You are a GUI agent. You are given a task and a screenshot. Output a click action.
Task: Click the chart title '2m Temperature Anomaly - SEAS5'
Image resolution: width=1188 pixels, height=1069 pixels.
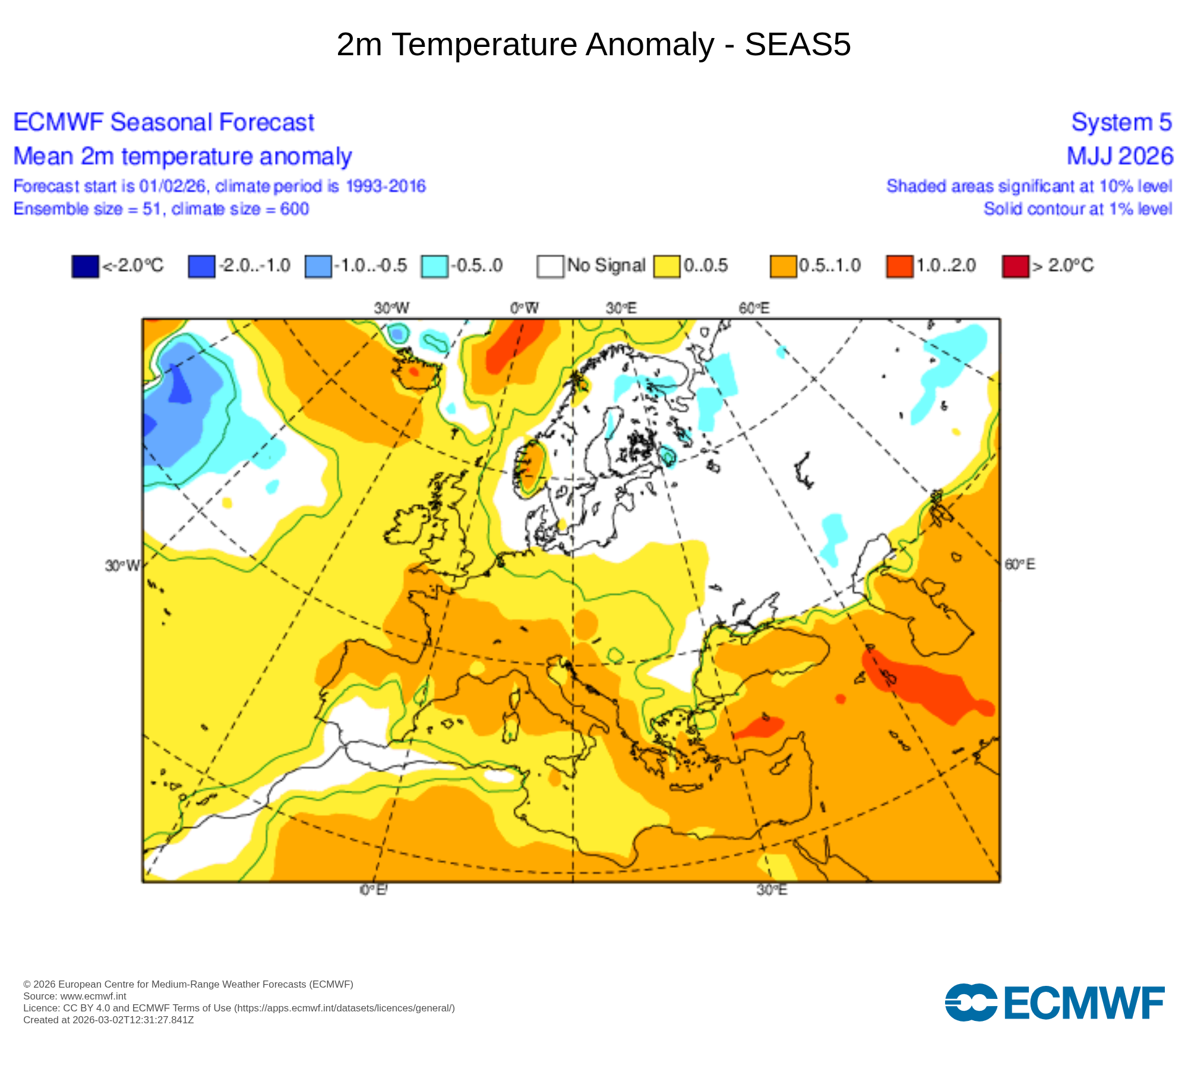[x=593, y=45]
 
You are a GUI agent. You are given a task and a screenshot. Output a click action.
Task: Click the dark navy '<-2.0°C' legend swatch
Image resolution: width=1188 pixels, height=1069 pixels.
[x=85, y=266]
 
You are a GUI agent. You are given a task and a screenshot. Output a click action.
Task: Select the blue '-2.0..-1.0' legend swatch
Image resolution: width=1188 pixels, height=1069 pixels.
[x=201, y=266]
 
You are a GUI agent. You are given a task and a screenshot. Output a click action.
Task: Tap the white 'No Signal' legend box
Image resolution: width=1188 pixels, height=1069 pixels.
[x=550, y=266]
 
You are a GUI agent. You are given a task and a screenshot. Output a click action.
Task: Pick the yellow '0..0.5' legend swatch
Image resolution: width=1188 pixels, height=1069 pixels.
[x=666, y=266]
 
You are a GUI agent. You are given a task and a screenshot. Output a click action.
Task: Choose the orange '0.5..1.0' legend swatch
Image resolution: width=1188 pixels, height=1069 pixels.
[x=783, y=266]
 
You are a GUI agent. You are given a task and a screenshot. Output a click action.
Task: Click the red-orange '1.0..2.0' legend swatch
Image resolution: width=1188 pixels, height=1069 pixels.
[x=899, y=266]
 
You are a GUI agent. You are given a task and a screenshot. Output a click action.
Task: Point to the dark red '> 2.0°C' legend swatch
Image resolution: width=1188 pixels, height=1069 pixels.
[x=1015, y=266]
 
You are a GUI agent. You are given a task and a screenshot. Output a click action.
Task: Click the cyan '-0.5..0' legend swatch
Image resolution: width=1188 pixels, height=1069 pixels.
[x=434, y=266]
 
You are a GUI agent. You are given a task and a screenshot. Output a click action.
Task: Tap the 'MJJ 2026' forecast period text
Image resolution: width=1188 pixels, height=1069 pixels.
[x=1120, y=156]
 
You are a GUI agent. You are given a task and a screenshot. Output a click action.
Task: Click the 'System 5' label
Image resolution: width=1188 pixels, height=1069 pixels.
[x=1121, y=122]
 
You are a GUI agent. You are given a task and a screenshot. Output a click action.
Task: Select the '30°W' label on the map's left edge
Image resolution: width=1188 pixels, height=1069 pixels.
[x=122, y=565]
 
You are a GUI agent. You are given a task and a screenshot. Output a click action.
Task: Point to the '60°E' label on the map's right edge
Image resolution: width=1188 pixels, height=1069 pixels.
[x=1020, y=564]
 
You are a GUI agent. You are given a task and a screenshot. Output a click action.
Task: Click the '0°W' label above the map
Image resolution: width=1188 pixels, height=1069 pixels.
[x=524, y=308]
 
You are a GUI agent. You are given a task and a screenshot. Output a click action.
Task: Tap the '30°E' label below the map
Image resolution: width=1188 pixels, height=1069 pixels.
[x=772, y=890]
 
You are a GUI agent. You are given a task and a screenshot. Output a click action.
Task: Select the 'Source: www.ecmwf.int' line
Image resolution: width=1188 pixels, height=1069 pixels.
[x=75, y=996]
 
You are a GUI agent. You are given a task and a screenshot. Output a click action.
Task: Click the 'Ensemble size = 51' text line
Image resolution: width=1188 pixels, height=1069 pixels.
[x=161, y=209]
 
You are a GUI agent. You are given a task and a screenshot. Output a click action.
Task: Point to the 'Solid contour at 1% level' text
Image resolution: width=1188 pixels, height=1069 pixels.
[x=1078, y=209]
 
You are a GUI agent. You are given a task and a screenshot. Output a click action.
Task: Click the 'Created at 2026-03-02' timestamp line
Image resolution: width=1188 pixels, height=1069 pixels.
[x=109, y=1020]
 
